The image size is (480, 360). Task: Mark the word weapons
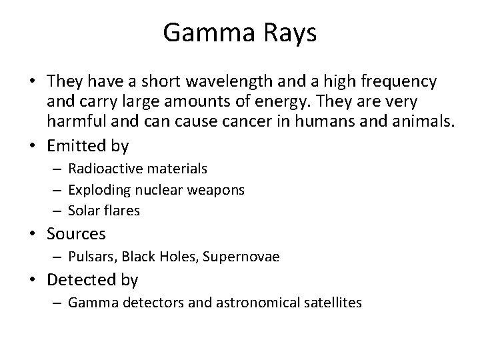click(218, 190)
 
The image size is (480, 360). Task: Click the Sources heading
click(76, 234)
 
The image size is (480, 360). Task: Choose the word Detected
click(81, 280)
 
